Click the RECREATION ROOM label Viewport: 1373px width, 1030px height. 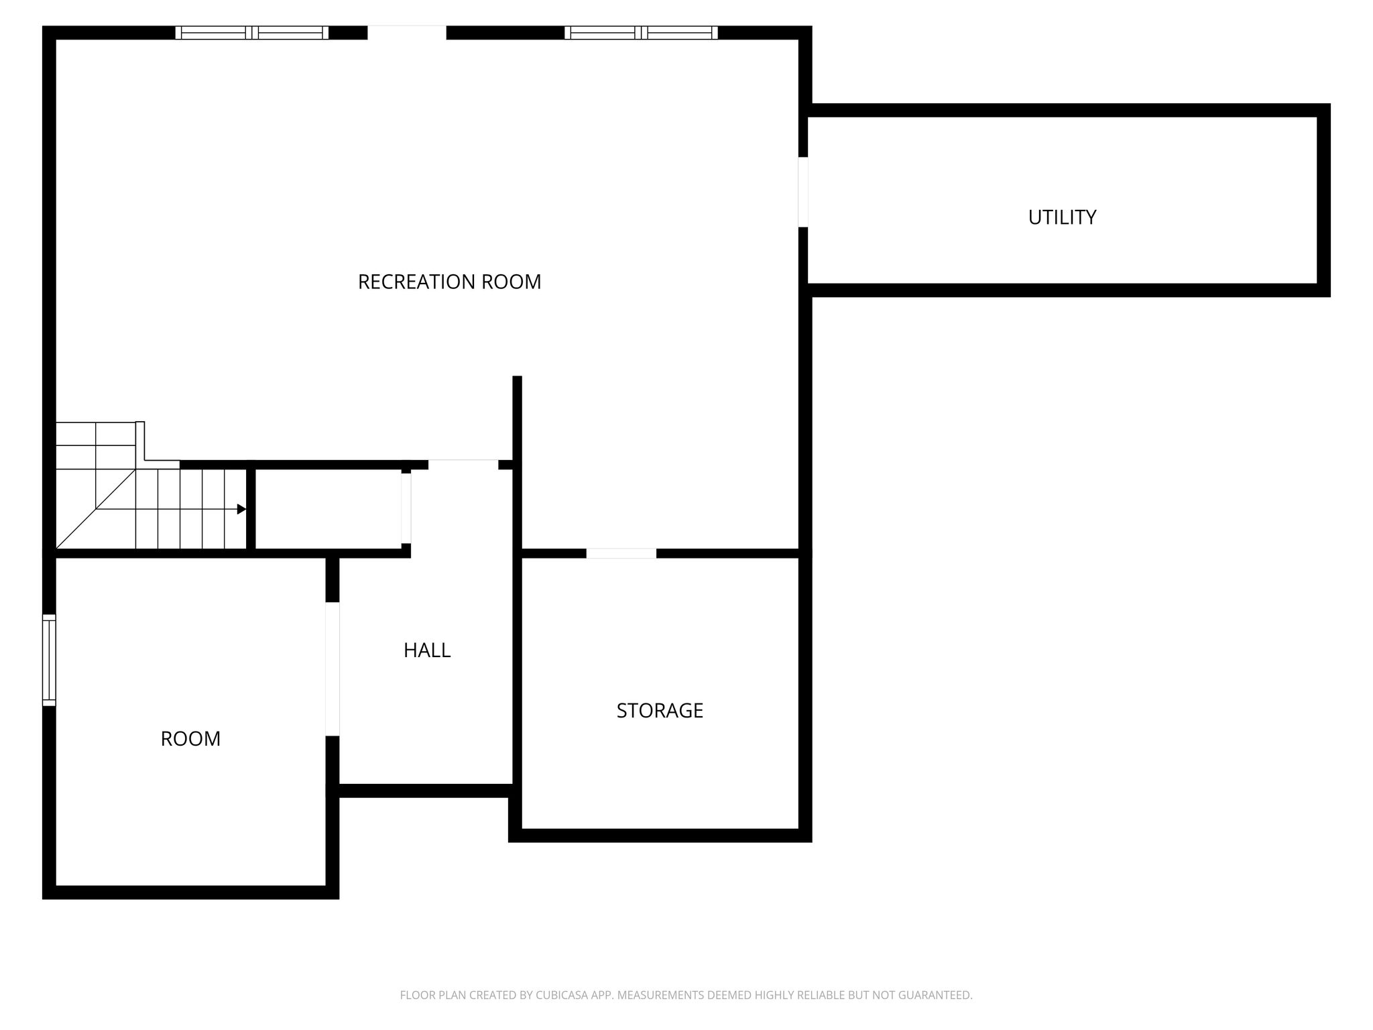click(449, 282)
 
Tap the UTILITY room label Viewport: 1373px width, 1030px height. click(1062, 217)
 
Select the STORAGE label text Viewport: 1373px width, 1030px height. click(660, 710)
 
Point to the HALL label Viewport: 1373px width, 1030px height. click(427, 650)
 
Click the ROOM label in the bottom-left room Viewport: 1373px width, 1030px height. click(190, 738)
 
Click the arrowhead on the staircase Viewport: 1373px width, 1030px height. click(241, 509)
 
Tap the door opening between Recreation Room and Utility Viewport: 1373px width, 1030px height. click(803, 192)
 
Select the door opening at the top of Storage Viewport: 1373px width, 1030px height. click(621, 553)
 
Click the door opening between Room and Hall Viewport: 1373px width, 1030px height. click(333, 669)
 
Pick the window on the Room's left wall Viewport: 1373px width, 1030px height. click(49, 660)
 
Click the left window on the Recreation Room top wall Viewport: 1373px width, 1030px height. click(252, 33)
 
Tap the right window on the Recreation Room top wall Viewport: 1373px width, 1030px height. click(642, 33)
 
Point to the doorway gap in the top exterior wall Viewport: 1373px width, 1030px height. click(407, 33)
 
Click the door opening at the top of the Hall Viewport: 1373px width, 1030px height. click(463, 465)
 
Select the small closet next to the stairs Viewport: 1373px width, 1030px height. click(329, 509)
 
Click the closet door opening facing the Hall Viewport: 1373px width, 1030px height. click(406, 508)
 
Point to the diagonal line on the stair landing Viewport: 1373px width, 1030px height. click(96, 509)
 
